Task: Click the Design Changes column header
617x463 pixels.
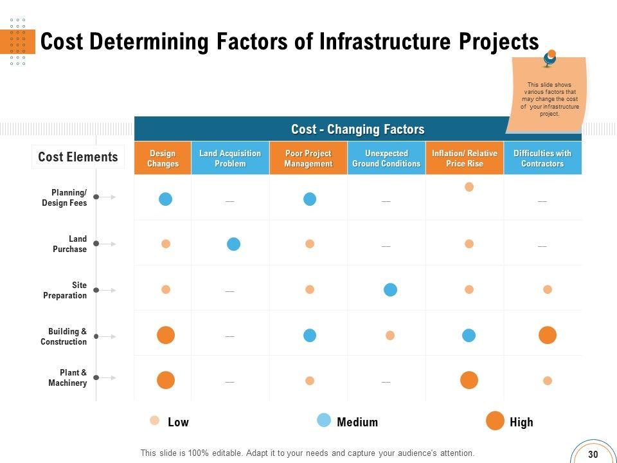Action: (x=163, y=158)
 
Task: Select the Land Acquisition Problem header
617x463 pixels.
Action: (x=230, y=158)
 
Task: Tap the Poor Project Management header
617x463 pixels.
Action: (x=308, y=158)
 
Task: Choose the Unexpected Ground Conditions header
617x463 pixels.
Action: (x=386, y=158)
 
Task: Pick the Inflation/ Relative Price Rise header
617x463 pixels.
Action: (x=465, y=158)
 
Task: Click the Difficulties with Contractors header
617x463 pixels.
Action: (x=542, y=158)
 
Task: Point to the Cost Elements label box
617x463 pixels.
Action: (x=78, y=157)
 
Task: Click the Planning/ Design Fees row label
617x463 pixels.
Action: (x=64, y=197)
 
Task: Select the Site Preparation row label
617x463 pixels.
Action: (x=65, y=290)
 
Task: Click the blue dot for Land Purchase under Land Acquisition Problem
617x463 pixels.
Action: (x=234, y=244)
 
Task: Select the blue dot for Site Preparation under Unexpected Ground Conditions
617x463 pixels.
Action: (x=390, y=289)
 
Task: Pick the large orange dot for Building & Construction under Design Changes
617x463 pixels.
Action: (x=166, y=335)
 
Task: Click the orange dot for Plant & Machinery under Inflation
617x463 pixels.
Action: (x=469, y=380)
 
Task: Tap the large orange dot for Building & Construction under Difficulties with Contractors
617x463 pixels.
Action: (x=548, y=335)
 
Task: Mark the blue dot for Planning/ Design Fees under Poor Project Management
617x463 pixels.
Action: (x=310, y=199)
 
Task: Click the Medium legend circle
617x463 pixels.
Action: (x=325, y=421)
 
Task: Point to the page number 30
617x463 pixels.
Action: (x=593, y=454)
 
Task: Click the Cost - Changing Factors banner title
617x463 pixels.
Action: (x=357, y=129)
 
